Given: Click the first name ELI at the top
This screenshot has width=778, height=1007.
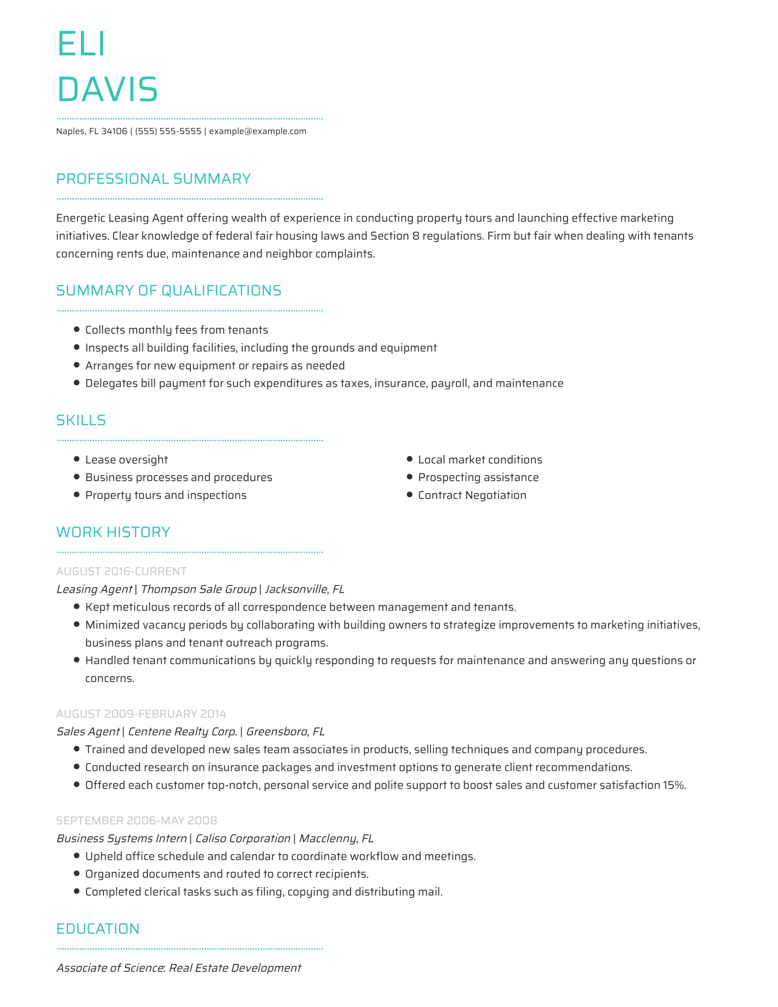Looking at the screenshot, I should [81, 44].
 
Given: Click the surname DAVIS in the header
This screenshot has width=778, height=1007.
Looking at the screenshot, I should [108, 89].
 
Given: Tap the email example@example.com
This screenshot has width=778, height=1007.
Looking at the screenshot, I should [258, 131].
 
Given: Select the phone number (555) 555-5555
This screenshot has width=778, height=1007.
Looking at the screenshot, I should [168, 131].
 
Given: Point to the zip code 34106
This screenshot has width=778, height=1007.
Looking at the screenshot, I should [114, 131].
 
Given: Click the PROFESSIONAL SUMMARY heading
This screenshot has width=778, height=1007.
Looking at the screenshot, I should [153, 179].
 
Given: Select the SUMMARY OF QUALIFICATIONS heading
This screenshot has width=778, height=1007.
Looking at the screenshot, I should [169, 291].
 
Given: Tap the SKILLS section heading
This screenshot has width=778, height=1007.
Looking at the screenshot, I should [81, 421].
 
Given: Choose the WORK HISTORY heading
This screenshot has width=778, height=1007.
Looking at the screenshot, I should [113, 532].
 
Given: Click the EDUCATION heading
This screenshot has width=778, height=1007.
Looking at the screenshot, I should [98, 929].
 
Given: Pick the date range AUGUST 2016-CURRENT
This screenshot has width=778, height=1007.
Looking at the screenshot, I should [121, 572].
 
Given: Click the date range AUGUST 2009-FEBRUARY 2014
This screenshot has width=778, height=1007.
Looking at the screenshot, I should [141, 714].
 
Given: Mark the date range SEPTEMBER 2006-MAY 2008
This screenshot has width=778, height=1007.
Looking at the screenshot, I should [136, 821].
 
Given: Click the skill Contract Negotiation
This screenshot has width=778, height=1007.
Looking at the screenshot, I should [472, 495].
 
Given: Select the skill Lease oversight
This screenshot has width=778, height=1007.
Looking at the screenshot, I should [126, 460].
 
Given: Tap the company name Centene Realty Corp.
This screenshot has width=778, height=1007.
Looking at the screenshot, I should [183, 732].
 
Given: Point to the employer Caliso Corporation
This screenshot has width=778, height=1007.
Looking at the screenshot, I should [243, 838].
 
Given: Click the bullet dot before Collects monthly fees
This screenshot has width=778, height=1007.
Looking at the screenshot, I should [77, 330].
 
